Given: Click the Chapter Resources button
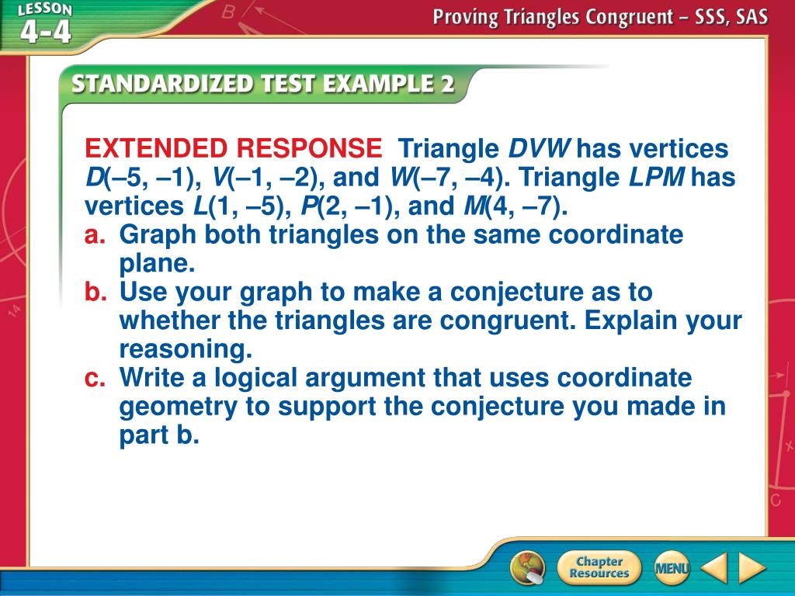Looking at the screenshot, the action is click(599, 567).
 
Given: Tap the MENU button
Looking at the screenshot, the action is click(672, 568).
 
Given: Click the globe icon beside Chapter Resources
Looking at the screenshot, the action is click(528, 567).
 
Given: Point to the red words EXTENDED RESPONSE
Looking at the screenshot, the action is click(233, 148).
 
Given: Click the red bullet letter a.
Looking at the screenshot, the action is click(95, 235).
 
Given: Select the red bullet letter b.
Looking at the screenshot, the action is click(95, 292).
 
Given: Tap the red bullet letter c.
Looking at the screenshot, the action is click(95, 379).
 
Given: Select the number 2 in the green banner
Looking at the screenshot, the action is click(447, 84).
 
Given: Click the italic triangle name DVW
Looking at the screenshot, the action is click(540, 148).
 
